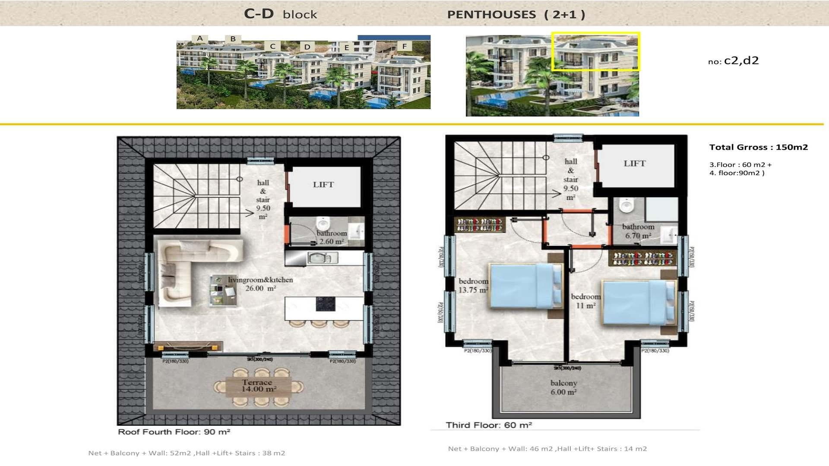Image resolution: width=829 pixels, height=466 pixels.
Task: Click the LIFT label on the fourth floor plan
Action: point(323,185)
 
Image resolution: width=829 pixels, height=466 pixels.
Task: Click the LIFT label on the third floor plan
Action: point(634,164)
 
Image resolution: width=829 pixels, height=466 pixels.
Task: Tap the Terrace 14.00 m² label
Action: point(258,386)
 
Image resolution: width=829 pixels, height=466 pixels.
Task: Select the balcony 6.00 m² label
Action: point(563,387)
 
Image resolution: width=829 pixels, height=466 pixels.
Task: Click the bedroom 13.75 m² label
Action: point(473,286)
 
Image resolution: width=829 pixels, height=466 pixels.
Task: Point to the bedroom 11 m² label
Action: point(585,301)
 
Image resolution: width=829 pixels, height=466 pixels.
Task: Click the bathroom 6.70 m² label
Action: point(638,231)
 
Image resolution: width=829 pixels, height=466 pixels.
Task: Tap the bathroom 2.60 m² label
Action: point(332,237)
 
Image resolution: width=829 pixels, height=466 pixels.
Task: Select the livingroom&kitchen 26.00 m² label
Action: point(260,284)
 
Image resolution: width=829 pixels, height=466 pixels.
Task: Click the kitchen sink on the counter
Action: point(322,258)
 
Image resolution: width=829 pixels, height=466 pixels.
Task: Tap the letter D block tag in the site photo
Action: point(307,47)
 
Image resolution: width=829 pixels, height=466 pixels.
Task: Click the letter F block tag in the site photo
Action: point(404,46)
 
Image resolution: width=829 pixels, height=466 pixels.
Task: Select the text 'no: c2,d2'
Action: point(733,61)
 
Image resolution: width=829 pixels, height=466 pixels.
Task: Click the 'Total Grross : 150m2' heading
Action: point(758,147)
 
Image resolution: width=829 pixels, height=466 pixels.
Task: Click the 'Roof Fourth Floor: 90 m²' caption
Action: point(174,432)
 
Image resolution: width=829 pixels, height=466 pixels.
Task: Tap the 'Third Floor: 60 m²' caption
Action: point(488,425)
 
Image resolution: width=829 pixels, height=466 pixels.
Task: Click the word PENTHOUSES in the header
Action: point(491,15)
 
